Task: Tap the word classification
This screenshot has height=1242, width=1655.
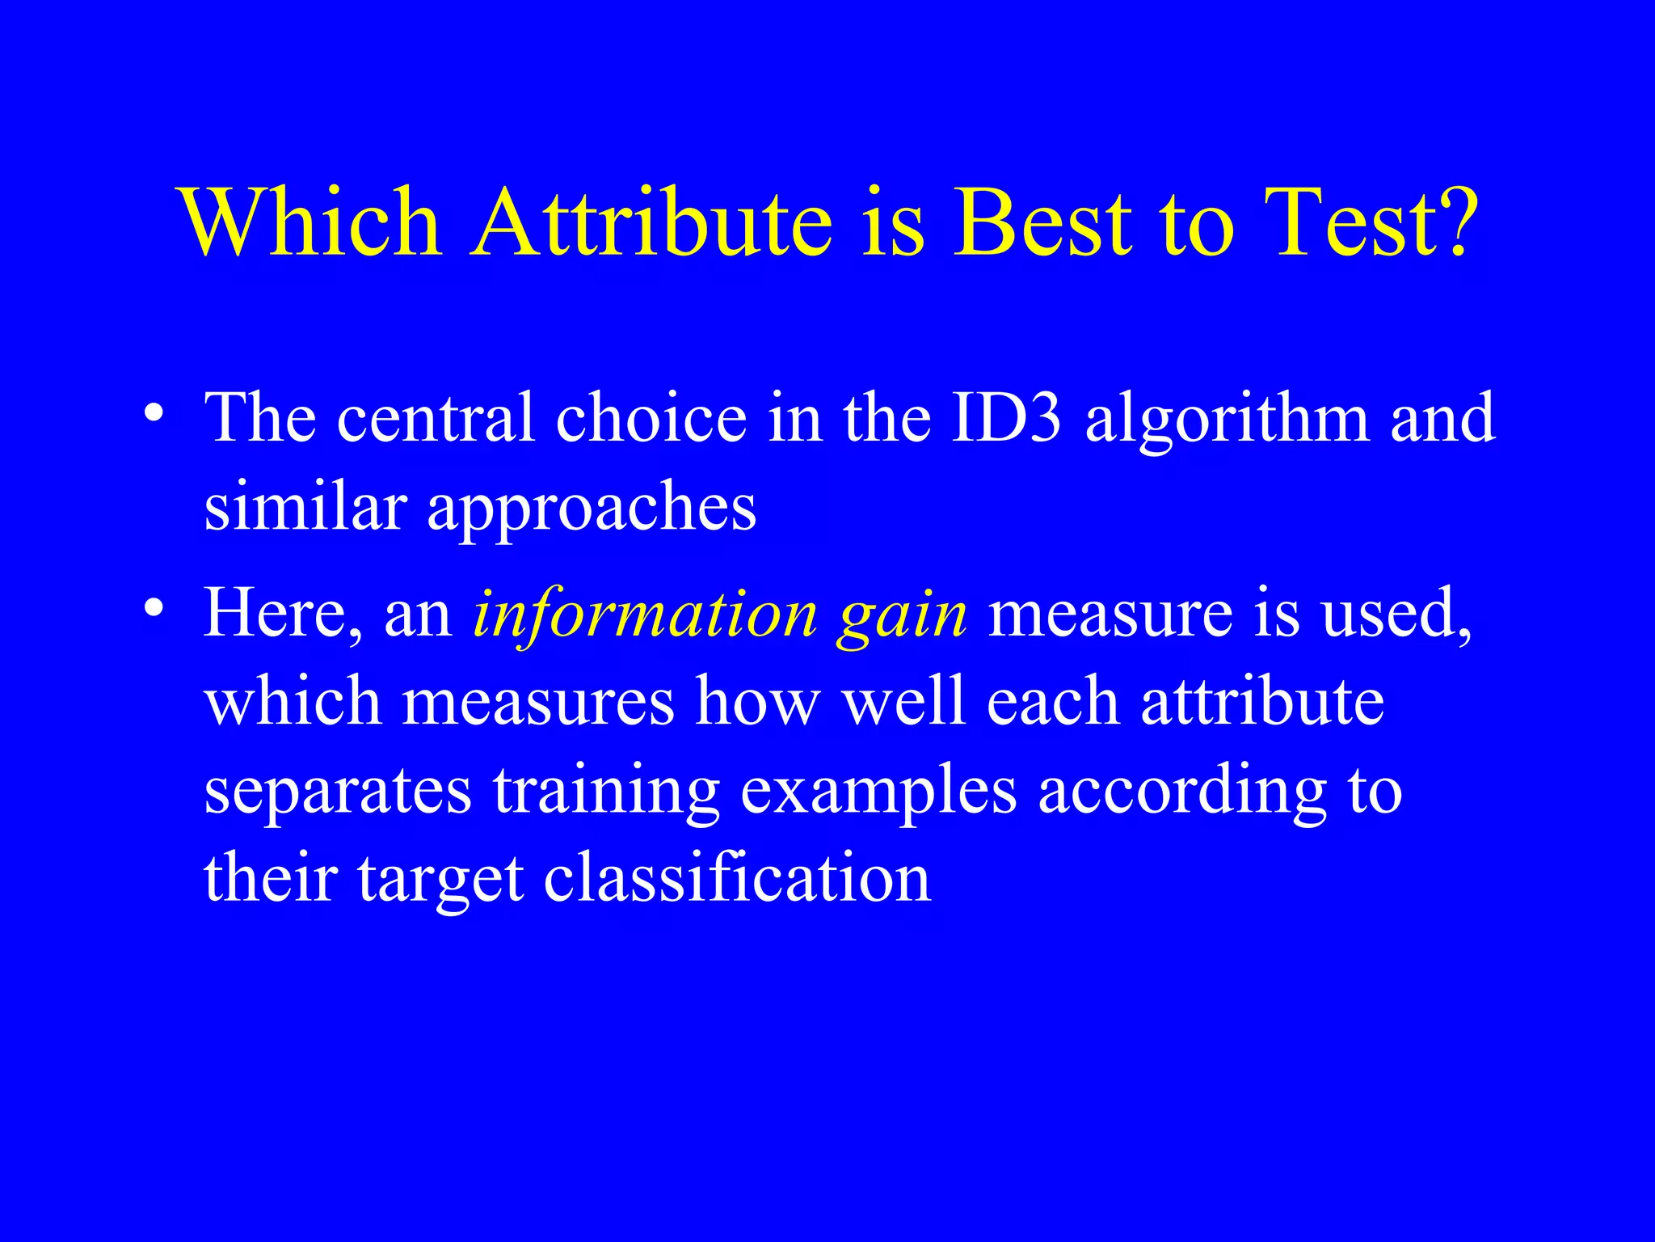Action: tap(737, 878)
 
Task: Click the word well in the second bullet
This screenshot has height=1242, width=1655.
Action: tap(903, 700)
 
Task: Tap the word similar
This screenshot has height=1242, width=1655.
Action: tap(305, 508)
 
